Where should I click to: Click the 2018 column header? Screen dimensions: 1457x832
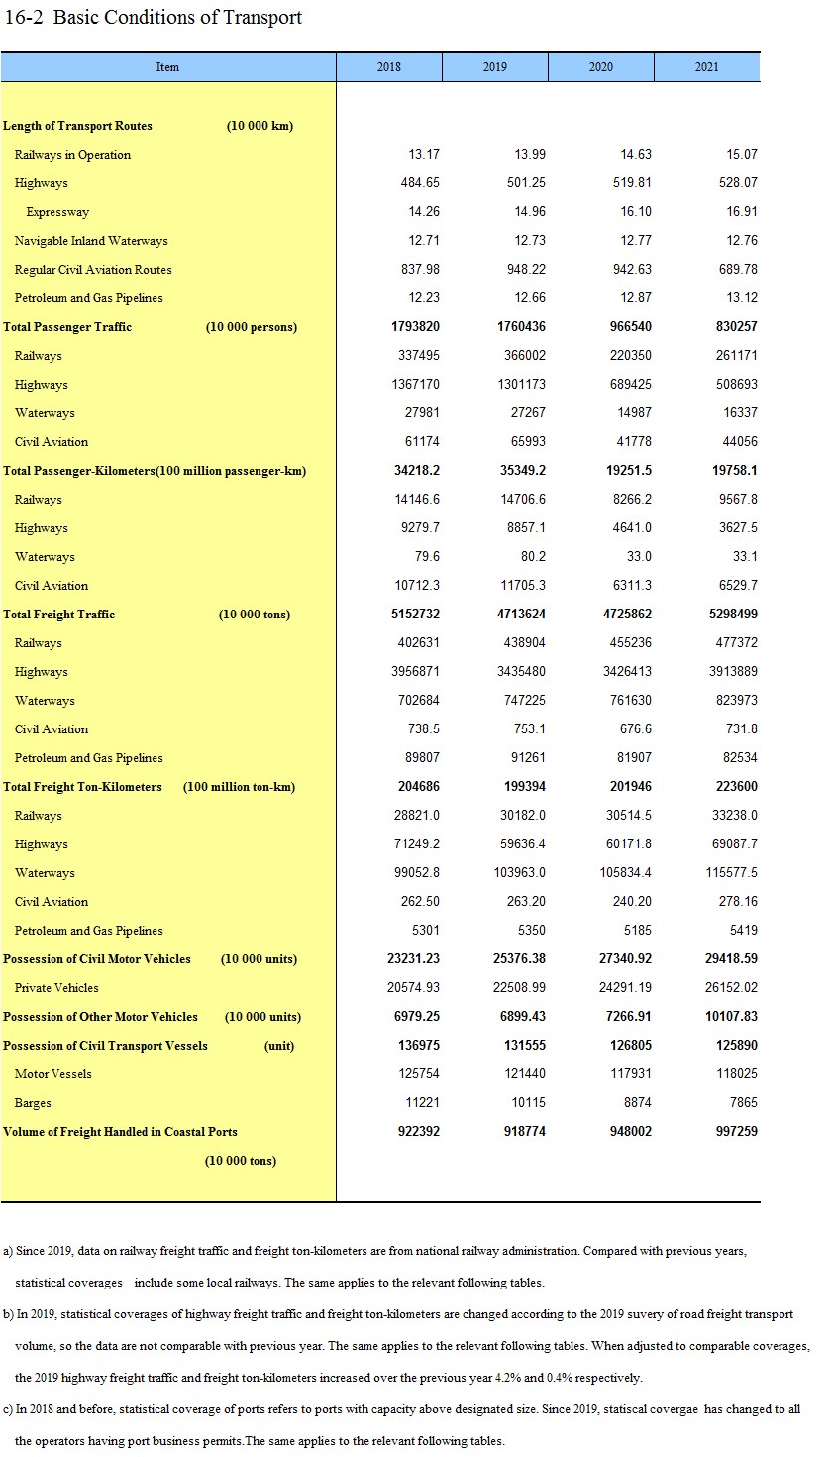click(389, 67)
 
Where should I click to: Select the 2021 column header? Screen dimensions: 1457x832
click(707, 67)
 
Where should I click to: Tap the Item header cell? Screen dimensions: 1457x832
click(167, 67)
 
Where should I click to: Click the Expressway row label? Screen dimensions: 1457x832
click(57, 212)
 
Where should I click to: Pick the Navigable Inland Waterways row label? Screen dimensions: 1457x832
click(91, 241)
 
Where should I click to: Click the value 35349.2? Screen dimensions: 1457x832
click(523, 471)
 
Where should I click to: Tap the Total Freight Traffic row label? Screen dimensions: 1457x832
click(59, 615)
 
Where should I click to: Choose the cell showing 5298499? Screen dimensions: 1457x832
click(730, 615)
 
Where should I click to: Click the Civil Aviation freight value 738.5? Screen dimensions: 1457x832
click(424, 729)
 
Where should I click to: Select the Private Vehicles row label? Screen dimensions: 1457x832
click(56, 988)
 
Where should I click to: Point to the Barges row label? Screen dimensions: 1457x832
click(33, 1103)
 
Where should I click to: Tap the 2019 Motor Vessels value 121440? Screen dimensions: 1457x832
click(526, 1074)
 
